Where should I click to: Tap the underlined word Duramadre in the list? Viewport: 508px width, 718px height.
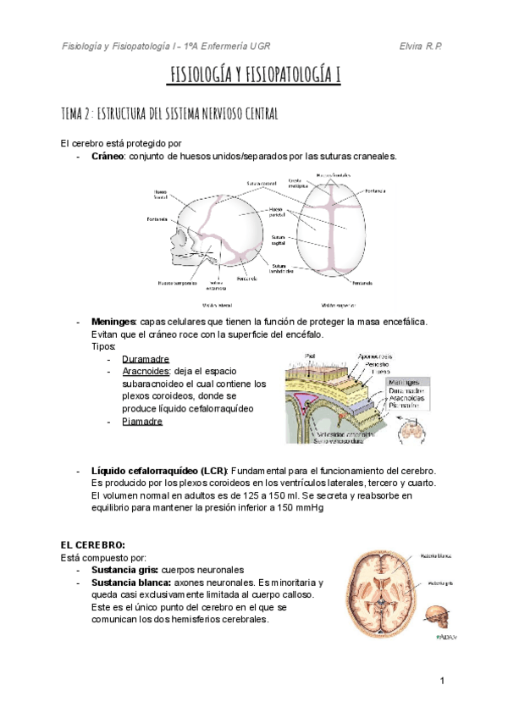point(146,359)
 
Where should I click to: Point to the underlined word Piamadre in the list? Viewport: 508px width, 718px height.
point(142,421)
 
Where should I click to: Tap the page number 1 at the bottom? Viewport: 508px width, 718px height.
point(442,681)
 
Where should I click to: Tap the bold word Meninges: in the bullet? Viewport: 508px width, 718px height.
point(113,322)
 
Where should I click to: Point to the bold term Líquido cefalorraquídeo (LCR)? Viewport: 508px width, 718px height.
point(158,470)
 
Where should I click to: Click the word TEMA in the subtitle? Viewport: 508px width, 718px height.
point(71,113)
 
